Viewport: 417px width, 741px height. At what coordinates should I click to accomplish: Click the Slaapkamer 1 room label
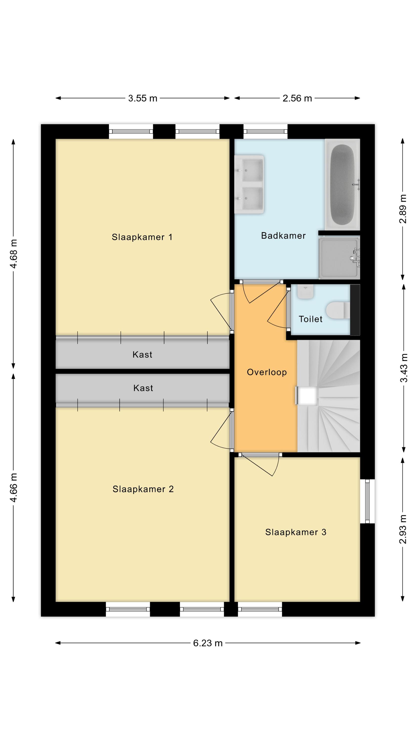pyautogui.click(x=142, y=237)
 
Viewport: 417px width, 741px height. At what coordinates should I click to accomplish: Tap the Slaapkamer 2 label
pyautogui.click(x=143, y=489)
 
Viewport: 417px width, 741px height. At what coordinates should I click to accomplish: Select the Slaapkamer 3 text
pyautogui.click(x=295, y=532)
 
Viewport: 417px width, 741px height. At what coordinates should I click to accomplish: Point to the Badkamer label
pyautogui.click(x=283, y=236)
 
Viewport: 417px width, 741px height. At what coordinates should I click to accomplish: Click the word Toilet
pyautogui.click(x=310, y=319)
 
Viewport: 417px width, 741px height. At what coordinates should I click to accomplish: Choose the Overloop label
pyautogui.click(x=267, y=372)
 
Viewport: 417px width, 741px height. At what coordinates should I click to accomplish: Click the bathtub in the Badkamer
pyautogui.click(x=342, y=185)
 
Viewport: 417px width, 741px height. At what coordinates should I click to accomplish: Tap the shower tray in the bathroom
pyautogui.click(x=339, y=257)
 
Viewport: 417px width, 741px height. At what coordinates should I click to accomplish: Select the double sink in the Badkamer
pyautogui.click(x=249, y=185)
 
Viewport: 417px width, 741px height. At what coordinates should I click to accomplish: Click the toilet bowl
pyautogui.click(x=338, y=310)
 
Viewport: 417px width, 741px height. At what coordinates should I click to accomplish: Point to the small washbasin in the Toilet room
pyautogui.click(x=305, y=292)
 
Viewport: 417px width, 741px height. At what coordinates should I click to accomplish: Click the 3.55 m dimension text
pyautogui.click(x=143, y=98)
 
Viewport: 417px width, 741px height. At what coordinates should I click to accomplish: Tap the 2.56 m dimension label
pyautogui.click(x=297, y=98)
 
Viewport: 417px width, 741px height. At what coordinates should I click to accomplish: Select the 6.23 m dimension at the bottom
pyautogui.click(x=208, y=643)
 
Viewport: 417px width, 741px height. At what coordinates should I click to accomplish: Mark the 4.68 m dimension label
pyautogui.click(x=14, y=254)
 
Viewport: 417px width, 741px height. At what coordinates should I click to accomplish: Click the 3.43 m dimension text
pyautogui.click(x=403, y=368)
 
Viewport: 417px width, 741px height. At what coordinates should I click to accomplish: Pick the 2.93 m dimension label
pyautogui.click(x=403, y=529)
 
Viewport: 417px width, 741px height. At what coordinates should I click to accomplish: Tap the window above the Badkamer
pyautogui.click(x=265, y=131)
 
